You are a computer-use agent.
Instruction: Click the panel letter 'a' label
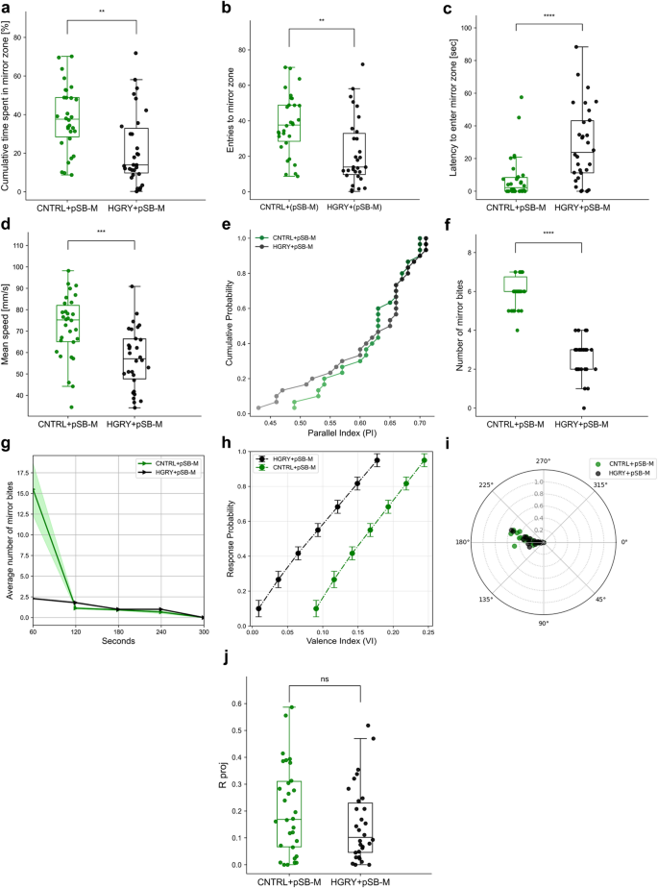point(7,8)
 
